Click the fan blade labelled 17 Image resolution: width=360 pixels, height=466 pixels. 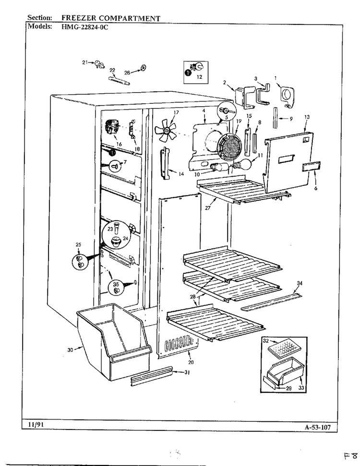point(166,130)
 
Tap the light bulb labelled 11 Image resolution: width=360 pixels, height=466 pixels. point(242,164)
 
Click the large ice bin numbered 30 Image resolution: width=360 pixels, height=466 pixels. point(114,341)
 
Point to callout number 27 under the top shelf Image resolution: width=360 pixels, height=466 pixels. point(208,208)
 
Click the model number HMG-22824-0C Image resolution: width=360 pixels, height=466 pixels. point(85,27)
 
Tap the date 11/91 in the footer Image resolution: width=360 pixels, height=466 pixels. point(36,425)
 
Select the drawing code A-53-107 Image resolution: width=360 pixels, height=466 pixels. point(317,428)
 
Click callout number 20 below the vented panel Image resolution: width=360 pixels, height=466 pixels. point(191,362)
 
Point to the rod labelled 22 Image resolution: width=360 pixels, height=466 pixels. point(119,81)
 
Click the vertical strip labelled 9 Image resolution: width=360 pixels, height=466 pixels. point(276,118)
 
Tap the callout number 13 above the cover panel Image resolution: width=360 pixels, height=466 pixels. point(307,117)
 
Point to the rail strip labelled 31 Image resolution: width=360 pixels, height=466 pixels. point(152,376)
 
